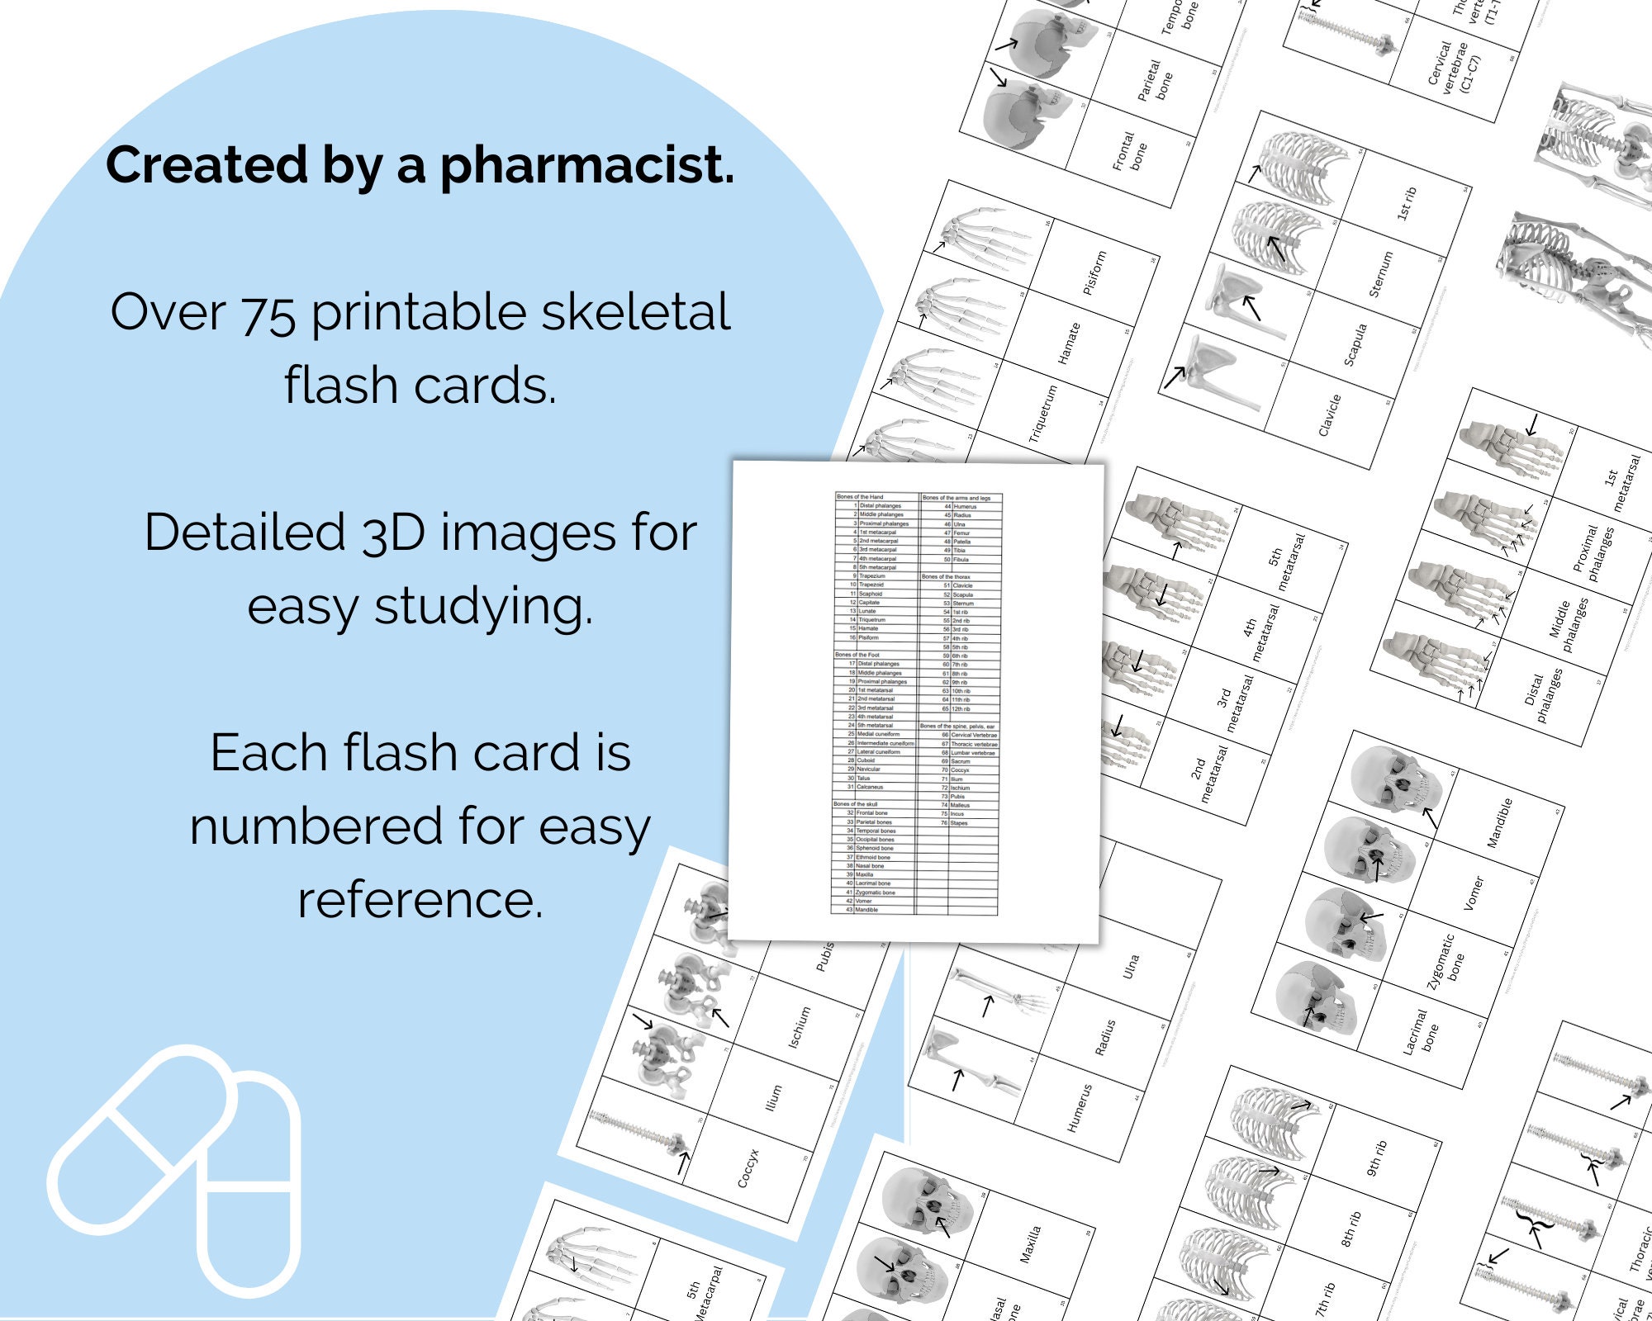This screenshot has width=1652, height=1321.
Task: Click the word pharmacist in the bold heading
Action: click(x=586, y=165)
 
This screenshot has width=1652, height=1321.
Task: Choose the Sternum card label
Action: click(x=1381, y=275)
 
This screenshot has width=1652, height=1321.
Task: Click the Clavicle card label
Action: click(x=1329, y=415)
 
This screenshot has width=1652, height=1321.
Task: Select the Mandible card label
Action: click(x=1499, y=823)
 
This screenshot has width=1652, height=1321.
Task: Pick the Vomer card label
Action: click(x=1474, y=893)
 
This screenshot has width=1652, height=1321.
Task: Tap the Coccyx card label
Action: click(x=748, y=1168)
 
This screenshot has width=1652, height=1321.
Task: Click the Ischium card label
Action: click(x=799, y=1028)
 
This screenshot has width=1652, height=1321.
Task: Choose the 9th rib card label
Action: click(x=1376, y=1158)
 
